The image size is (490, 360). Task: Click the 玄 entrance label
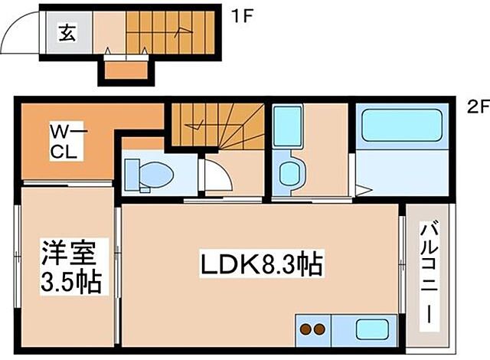(67, 32)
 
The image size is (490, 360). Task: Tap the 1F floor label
(241, 16)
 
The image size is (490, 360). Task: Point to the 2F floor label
(479, 108)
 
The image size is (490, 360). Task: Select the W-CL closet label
(67, 141)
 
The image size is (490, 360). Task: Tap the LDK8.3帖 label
(261, 265)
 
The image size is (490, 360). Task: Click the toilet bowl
(155, 175)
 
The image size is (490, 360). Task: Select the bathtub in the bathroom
(402, 125)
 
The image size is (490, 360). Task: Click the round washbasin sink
(289, 175)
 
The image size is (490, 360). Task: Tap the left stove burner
(305, 329)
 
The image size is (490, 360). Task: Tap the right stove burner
(319, 329)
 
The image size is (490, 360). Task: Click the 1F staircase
(170, 32)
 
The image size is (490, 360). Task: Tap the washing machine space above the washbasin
(288, 126)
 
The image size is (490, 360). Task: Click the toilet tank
(132, 175)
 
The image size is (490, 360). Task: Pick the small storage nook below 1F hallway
(126, 70)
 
